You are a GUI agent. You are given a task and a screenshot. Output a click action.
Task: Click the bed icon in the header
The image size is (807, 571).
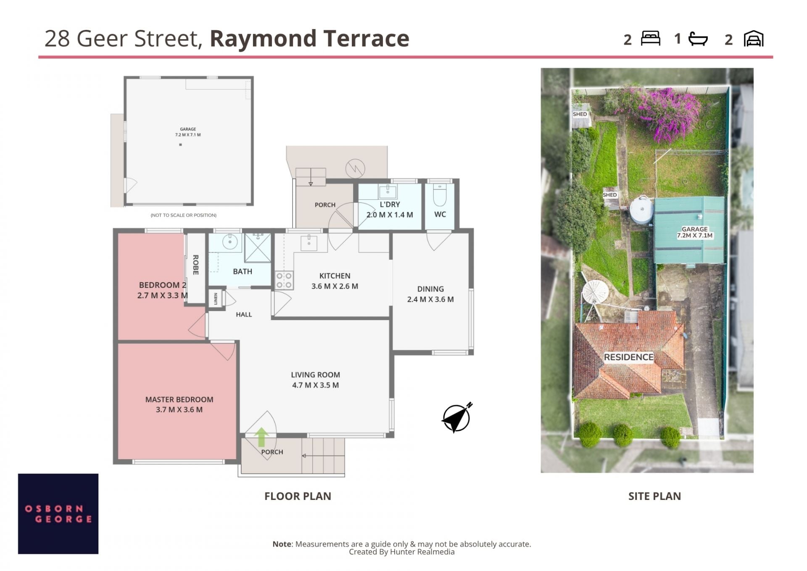(x=650, y=38)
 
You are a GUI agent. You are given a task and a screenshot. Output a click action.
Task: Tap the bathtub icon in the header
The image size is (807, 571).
(x=698, y=39)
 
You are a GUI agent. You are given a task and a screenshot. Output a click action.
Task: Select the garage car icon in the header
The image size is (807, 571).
(x=754, y=39)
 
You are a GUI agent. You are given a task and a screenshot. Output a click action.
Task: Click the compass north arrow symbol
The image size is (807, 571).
(x=457, y=417)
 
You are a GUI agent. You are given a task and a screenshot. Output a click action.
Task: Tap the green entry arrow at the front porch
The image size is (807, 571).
(x=261, y=437)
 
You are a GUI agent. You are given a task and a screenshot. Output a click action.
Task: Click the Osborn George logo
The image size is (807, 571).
(x=58, y=514)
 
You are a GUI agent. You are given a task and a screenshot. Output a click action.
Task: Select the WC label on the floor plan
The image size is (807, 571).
(x=440, y=214)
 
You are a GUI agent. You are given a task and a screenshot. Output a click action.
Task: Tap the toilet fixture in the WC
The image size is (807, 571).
(x=439, y=194)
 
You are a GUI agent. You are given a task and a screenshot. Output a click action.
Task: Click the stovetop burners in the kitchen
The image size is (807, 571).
(x=284, y=281)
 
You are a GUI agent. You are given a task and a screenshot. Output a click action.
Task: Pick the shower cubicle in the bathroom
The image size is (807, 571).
(x=258, y=248)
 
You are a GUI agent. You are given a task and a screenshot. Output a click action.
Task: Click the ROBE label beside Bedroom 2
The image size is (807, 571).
(x=195, y=265)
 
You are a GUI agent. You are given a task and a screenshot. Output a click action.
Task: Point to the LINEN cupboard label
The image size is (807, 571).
(x=216, y=299)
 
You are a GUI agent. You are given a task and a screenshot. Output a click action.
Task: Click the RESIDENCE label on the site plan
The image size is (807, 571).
(x=628, y=357)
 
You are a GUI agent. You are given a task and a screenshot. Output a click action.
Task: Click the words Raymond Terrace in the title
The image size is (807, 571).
(x=309, y=38)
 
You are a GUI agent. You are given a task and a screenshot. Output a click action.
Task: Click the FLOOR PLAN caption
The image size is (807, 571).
(x=298, y=496)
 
